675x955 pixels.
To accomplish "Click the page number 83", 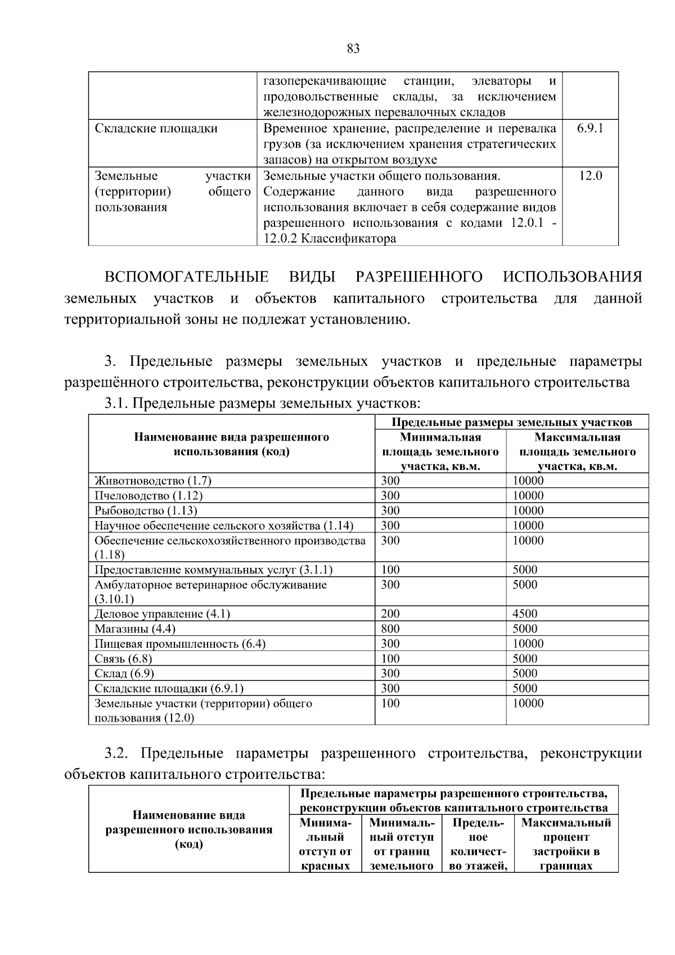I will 353,49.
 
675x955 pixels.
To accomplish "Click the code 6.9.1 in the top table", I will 589,128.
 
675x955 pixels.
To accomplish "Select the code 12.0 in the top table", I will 590,176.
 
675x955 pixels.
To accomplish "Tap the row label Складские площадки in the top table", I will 156,128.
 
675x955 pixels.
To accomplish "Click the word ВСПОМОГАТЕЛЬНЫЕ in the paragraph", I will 187,277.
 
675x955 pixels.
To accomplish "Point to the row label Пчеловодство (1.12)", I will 148,496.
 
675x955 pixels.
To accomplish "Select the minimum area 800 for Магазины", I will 390,629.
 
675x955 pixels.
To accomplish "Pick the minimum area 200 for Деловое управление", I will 390,614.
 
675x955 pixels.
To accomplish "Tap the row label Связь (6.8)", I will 123,658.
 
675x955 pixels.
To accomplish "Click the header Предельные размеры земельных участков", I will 511,422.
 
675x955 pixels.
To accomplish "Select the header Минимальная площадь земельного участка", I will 440,452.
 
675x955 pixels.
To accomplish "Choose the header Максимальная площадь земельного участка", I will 577,452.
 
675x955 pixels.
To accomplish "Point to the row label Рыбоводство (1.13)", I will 146,510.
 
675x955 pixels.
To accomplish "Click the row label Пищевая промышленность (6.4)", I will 180,644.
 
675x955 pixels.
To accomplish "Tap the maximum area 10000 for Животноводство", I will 528,481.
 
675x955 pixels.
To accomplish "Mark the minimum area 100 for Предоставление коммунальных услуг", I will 390,570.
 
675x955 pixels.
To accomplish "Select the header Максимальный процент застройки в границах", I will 566,844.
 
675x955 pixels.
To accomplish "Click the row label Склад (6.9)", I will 124,674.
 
